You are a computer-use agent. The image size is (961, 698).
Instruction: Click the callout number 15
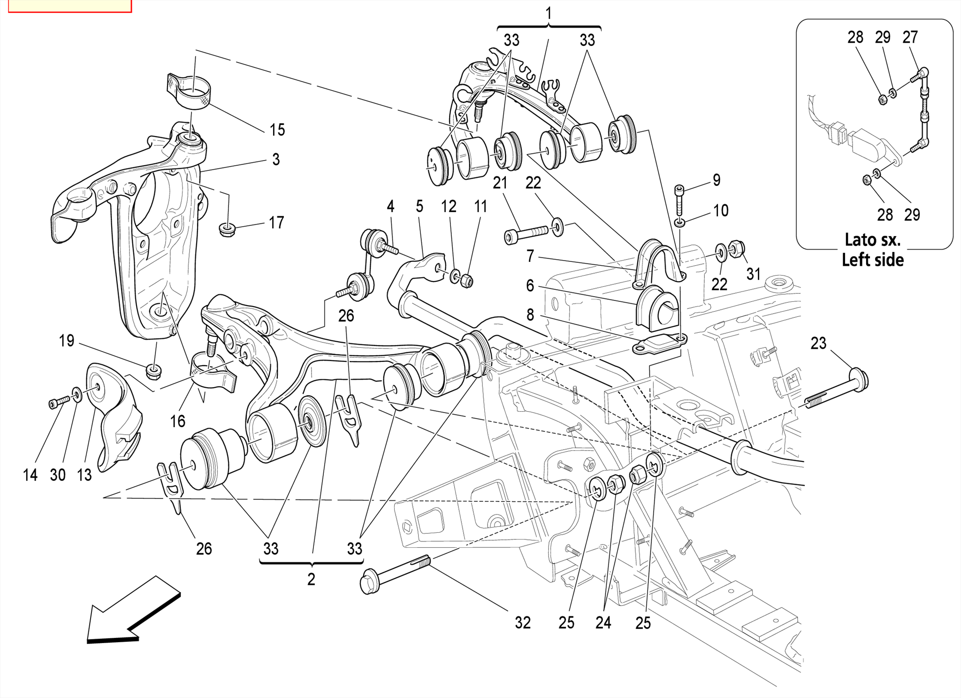277,130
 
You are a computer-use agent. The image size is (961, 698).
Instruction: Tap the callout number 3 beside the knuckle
276,160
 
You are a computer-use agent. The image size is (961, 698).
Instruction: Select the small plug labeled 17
227,230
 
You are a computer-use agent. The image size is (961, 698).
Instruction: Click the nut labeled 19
154,372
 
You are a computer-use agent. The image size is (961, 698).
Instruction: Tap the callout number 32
522,623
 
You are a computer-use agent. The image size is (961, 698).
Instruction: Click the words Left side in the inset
872,260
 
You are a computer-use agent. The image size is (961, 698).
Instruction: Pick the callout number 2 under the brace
311,580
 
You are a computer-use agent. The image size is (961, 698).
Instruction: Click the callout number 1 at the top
548,13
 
